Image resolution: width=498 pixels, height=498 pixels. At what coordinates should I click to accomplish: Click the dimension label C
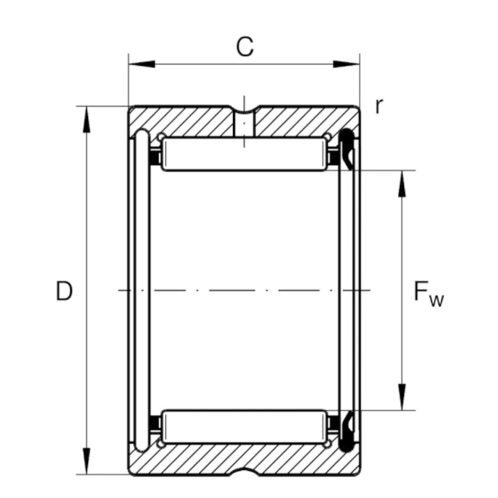pos(244,47)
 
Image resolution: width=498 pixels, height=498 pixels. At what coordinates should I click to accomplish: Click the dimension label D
pos(64,291)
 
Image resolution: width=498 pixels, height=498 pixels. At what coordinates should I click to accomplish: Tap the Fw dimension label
pos(428,293)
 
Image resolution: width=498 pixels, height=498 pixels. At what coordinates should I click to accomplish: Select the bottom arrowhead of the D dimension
pos(87,461)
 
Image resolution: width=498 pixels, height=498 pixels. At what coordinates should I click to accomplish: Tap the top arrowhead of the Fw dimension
pos(402,183)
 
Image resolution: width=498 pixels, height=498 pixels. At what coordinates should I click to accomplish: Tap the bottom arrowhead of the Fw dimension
pos(402,397)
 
